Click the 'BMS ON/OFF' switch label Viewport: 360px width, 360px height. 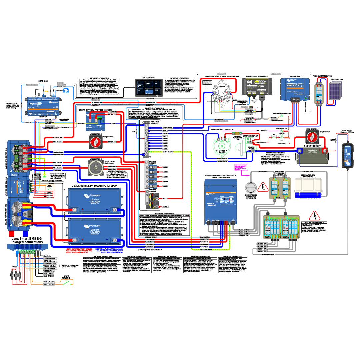tap(68, 277)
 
